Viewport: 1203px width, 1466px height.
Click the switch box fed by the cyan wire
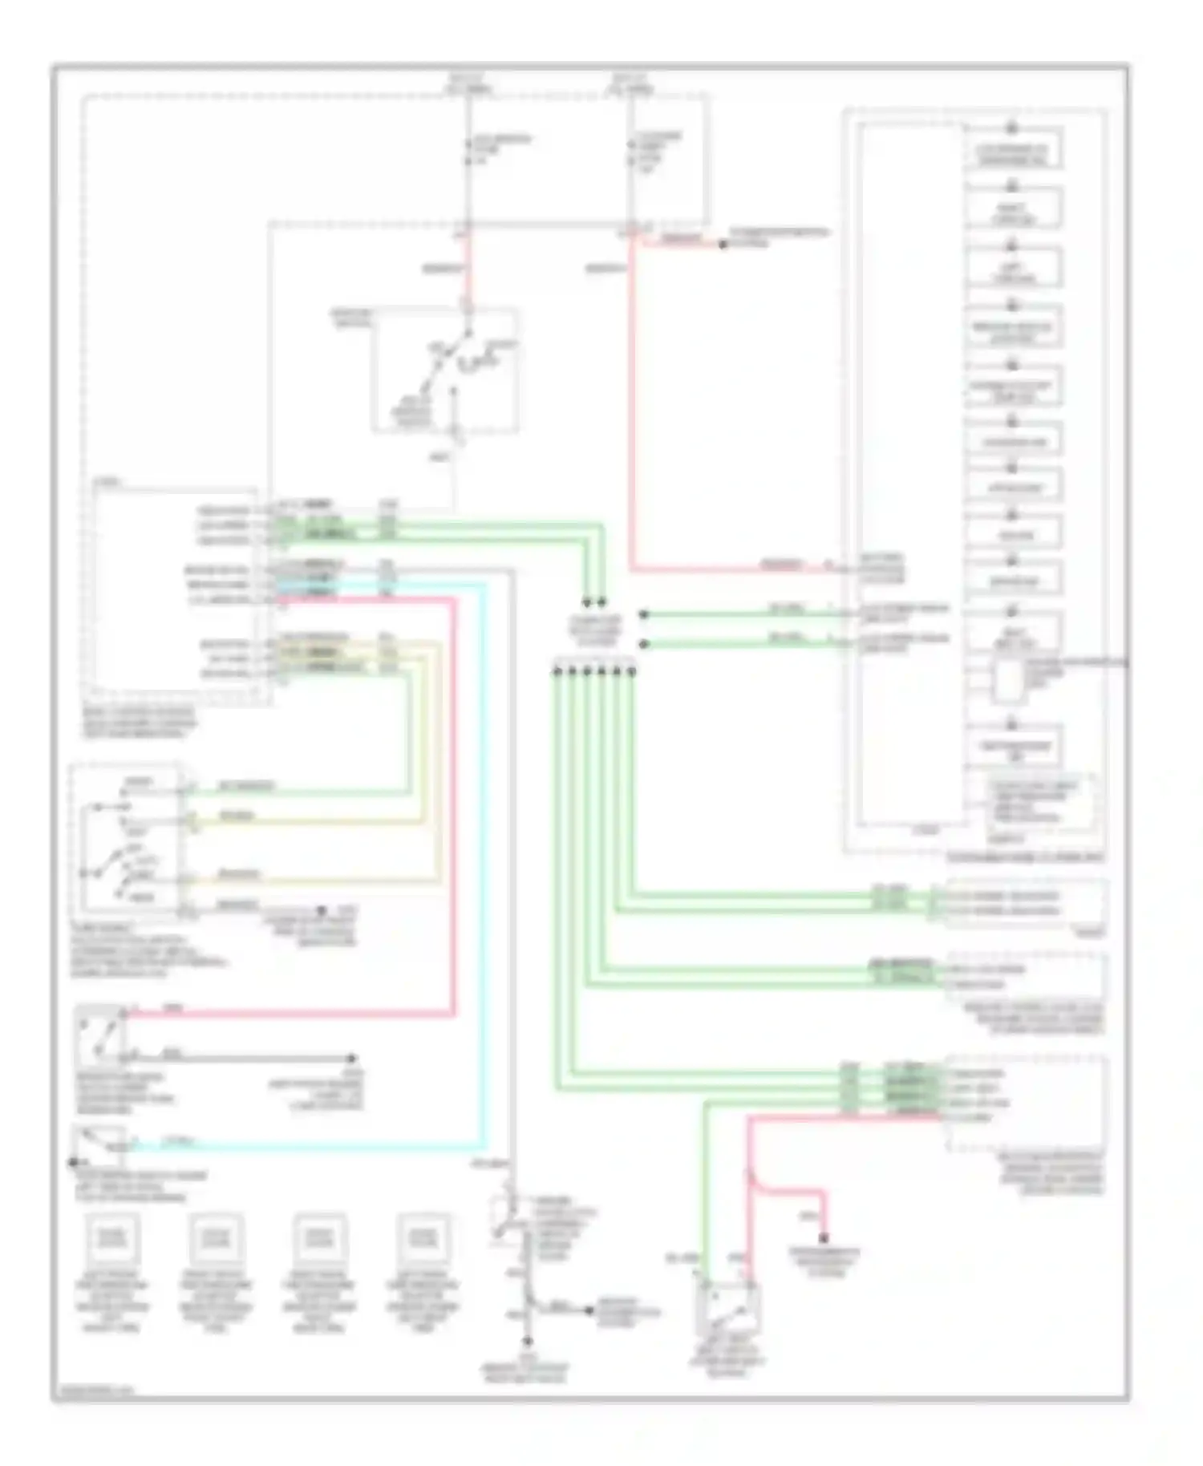point(98,1143)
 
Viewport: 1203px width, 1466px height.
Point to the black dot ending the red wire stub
point(723,244)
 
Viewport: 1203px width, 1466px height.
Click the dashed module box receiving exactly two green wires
point(1027,904)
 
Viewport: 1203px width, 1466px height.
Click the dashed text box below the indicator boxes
point(1040,803)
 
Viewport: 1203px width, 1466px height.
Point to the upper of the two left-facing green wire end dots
point(643,615)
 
